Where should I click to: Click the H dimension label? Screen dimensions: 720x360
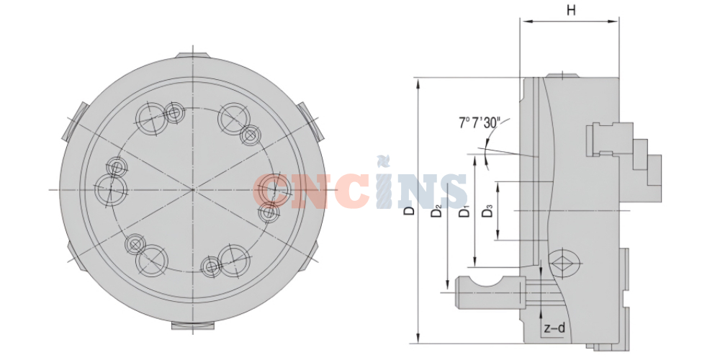pyautogui.click(x=571, y=11)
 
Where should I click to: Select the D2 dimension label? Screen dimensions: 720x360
pyautogui.click(x=436, y=211)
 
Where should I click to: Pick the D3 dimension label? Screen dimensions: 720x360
pyautogui.click(x=487, y=211)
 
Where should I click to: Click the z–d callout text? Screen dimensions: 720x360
pyautogui.click(x=554, y=328)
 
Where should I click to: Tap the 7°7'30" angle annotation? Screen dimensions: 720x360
pyautogui.click(x=478, y=122)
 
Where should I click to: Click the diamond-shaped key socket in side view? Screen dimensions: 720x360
pyautogui.click(x=564, y=263)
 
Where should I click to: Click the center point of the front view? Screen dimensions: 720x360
pyautogui.click(x=193, y=189)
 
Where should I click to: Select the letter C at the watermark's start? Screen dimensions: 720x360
pyautogui.click(x=271, y=190)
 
